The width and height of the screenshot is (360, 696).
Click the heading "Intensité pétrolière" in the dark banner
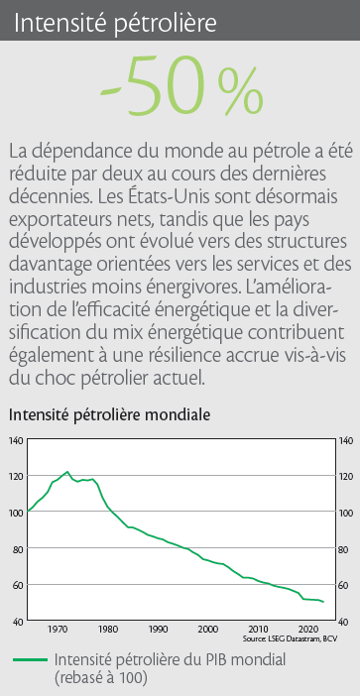[115, 23]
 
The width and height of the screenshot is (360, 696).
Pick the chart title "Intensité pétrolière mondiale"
[109, 415]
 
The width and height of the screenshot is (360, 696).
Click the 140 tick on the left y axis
[16, 442]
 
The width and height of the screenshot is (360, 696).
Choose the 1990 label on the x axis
[158, 629]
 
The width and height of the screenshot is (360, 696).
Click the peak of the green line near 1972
[67, 471]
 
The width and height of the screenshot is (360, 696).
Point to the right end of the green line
[323, 602]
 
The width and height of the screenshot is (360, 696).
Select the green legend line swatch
[30, 660]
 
